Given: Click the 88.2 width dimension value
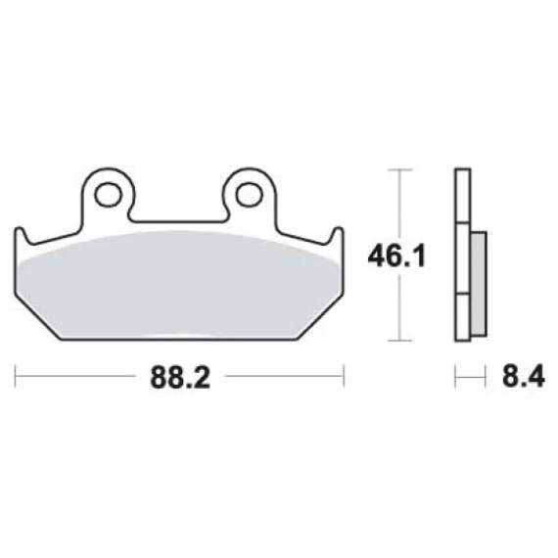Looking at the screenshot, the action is (x=180, y=377).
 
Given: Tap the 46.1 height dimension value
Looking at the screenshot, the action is (x=396, y=256).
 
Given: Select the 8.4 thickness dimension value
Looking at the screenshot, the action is (x=524, y=377).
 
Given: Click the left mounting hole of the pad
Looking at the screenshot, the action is (x=107, y=195).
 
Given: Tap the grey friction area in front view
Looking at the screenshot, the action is (x=178, y=285).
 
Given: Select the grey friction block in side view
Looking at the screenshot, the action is (x=479, y=284).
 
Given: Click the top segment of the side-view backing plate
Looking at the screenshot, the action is (x=463, y=196).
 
